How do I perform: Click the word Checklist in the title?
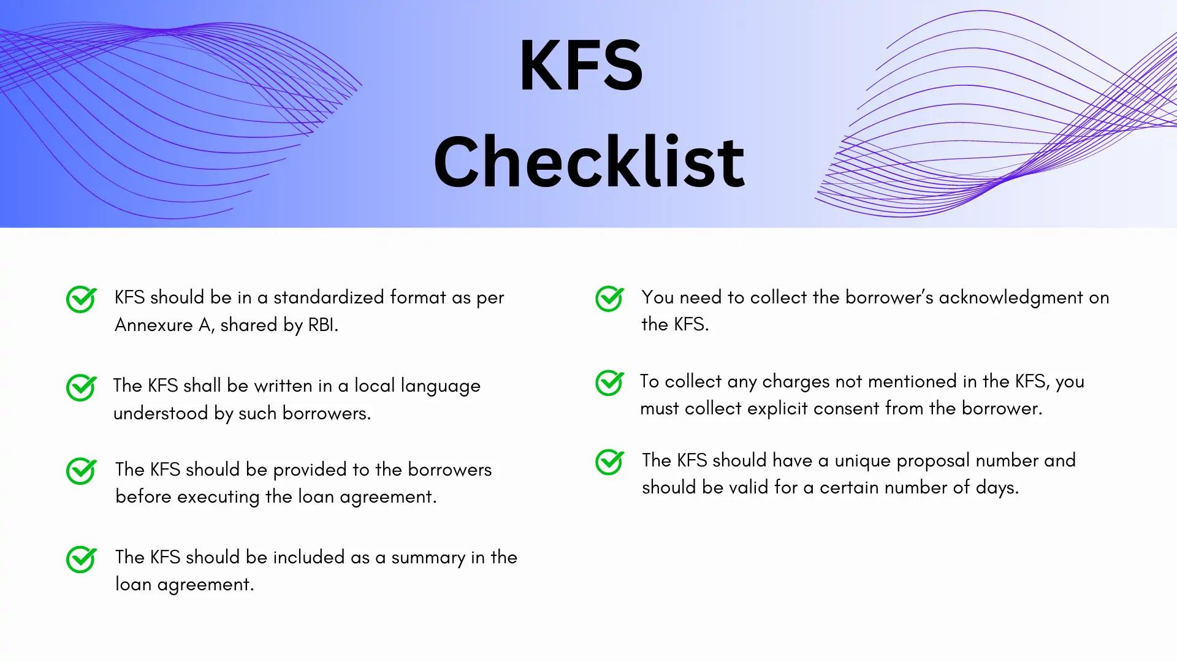pos(588,162)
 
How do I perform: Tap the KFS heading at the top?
pos(581,66)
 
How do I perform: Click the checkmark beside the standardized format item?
pos(82,299)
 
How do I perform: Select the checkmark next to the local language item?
pos(82,387)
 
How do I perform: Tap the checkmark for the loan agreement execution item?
pos(82,471)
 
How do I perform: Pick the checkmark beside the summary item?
pos(82,559)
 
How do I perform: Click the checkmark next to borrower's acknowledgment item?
pos(610,299)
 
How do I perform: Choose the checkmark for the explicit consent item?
pos(610,383)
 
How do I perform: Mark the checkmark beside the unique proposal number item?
pos(610,462)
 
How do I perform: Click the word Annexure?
pos(154,325)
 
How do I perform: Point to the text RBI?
pos(322,325)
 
